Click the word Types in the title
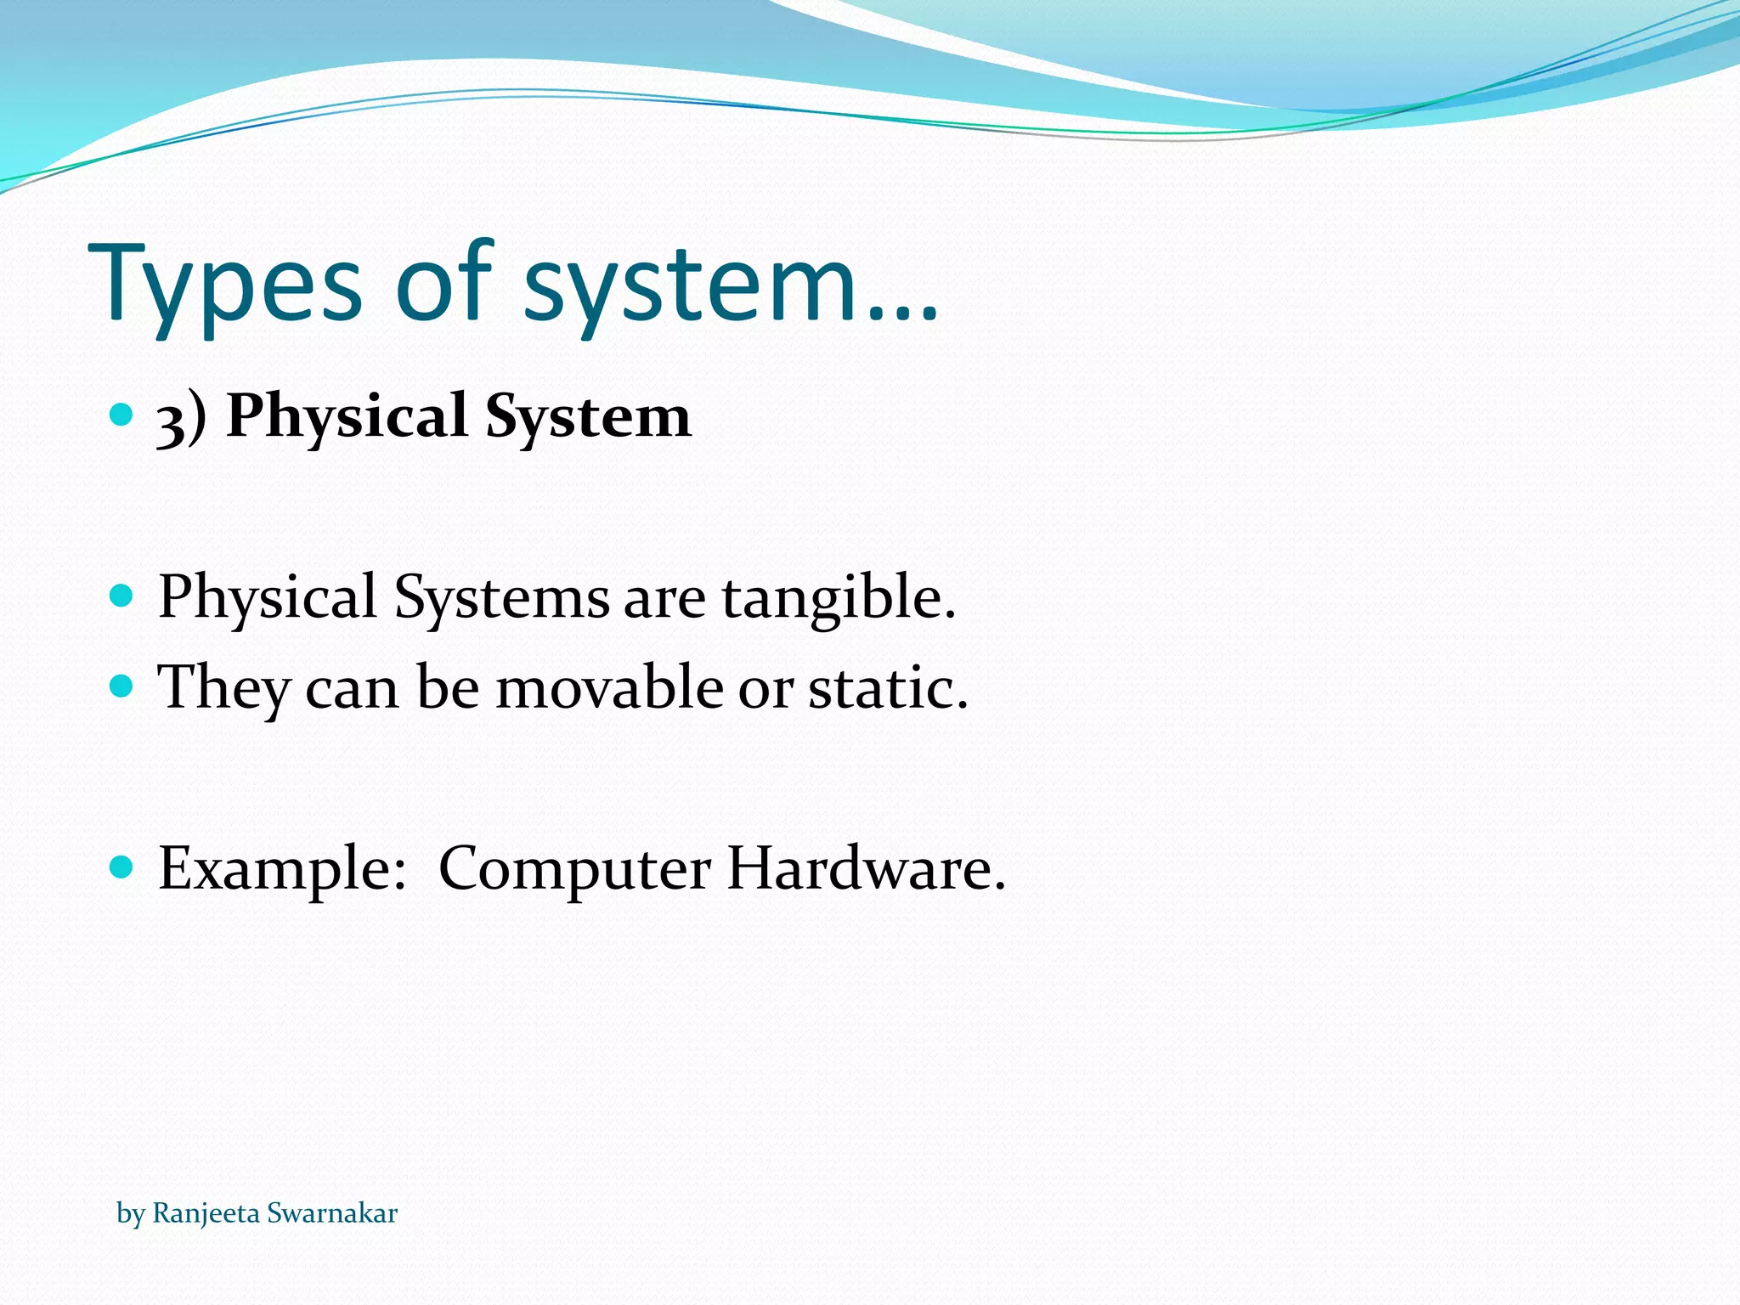[x=224, y=285]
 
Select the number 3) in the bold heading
[x=181, y=418]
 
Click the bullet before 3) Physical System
[x=122, y=415]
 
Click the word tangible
[x=839, y=598]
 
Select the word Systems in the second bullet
[x=501, y=598]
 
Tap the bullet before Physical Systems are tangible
[x=122, y=595]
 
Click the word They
[x=224, y=688]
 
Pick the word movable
[x=610, y=688]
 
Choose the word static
[x=887, y=688]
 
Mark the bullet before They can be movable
[x=122, y=685]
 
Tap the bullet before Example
[x=122, y=867]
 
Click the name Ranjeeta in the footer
[x=206, y=1213]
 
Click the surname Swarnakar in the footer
[x=332, y=1213]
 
